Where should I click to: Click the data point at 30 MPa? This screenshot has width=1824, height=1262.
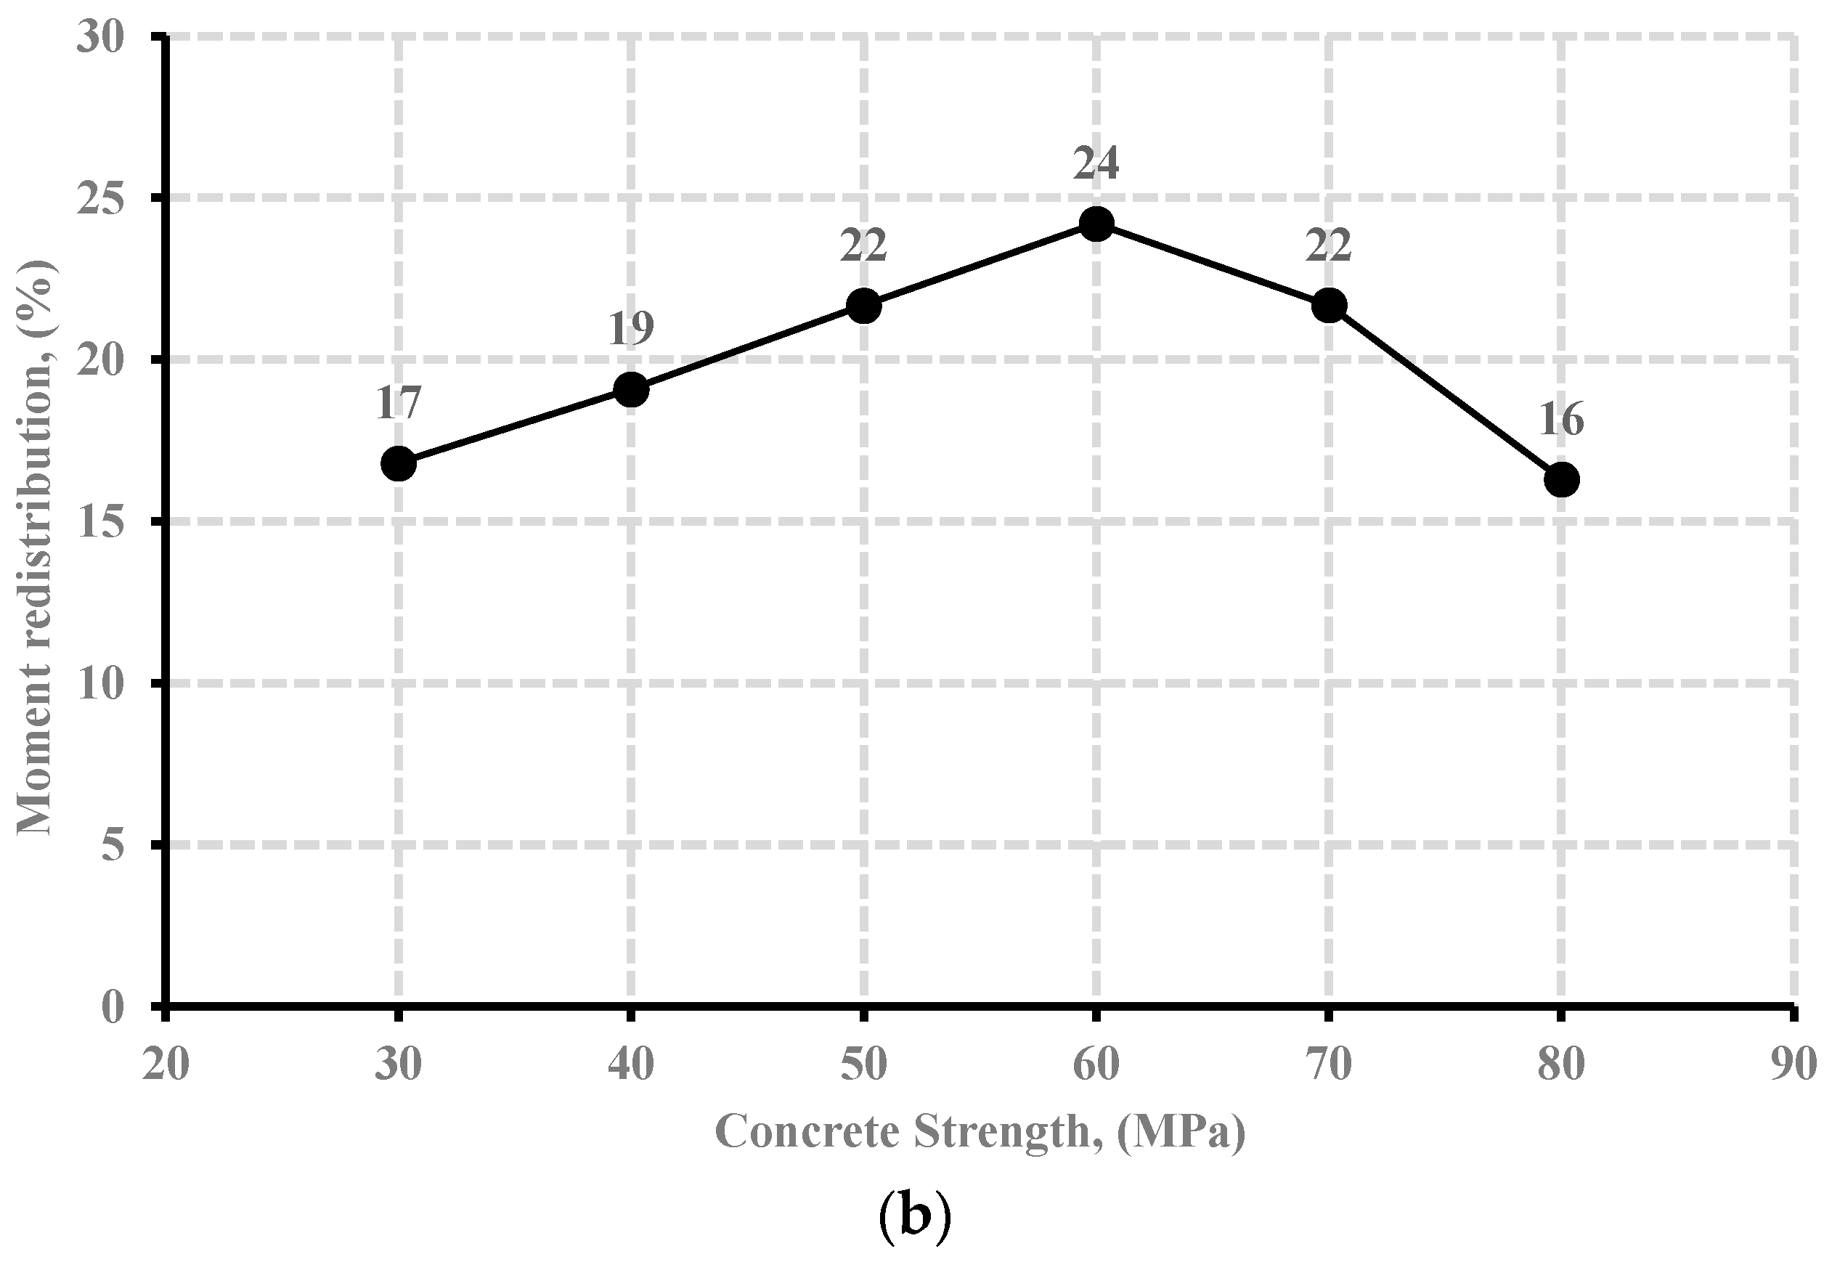click(x=399, y=464)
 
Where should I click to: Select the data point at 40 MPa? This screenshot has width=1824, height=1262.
click(x=631, y=390)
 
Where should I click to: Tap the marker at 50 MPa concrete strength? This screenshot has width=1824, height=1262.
click(x=863, y=305)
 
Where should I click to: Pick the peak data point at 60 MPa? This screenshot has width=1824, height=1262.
click(x=1096, y=224)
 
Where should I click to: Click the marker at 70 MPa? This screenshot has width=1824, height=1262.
click(x=1328, y=305)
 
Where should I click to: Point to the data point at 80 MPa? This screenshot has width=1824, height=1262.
click(x=1560, y=480)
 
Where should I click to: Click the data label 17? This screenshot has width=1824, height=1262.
click(x=398, y=404)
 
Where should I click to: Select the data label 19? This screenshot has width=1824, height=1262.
click(x=631, y=329)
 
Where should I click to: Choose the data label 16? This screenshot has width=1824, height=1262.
click(x=1560, y=420)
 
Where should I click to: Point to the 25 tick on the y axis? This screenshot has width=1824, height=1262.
click(x=100, y=198)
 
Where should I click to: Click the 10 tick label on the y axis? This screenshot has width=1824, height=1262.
click(x=100, y=683)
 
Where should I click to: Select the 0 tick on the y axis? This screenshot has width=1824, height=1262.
click(x=114, y=1007)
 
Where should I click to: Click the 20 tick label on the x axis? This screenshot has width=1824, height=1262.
click(x=166, y=1065)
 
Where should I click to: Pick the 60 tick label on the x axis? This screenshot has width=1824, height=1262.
click(x=1096, y=1065)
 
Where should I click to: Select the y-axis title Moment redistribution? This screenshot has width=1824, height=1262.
click(x=36, y=545)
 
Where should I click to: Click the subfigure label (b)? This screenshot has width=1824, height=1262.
click(x=914, y=1218)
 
